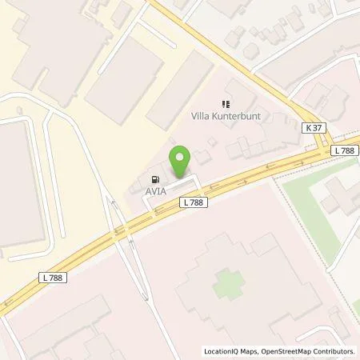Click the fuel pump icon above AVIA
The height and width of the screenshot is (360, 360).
coord(154,179)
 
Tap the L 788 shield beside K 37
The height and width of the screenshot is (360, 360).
coord(345,150)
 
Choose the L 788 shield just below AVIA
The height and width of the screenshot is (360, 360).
coord(193,203)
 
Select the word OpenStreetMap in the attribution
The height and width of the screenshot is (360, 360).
coord(290,351)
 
